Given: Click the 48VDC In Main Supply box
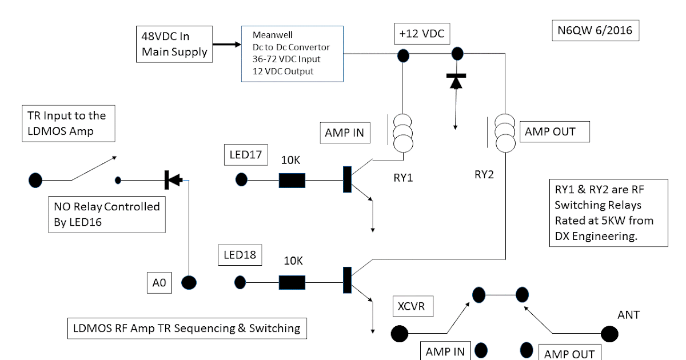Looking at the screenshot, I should (172, 43).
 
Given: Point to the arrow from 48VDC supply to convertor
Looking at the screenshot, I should (224, 43).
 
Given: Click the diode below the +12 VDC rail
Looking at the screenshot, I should (456, 82).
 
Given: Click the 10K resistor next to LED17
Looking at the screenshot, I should (292, 181).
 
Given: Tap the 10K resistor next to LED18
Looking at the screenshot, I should (292, 282).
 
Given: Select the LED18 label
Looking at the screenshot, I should (240, 255).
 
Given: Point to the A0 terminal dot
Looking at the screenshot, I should (189, 282).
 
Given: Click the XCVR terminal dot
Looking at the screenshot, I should (399, 333).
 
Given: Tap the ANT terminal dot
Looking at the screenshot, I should (609, 333).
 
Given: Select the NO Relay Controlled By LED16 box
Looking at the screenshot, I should (107, 214).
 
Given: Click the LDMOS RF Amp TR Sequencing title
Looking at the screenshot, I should (187, 328).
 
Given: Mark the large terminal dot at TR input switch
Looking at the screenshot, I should (35, 180).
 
